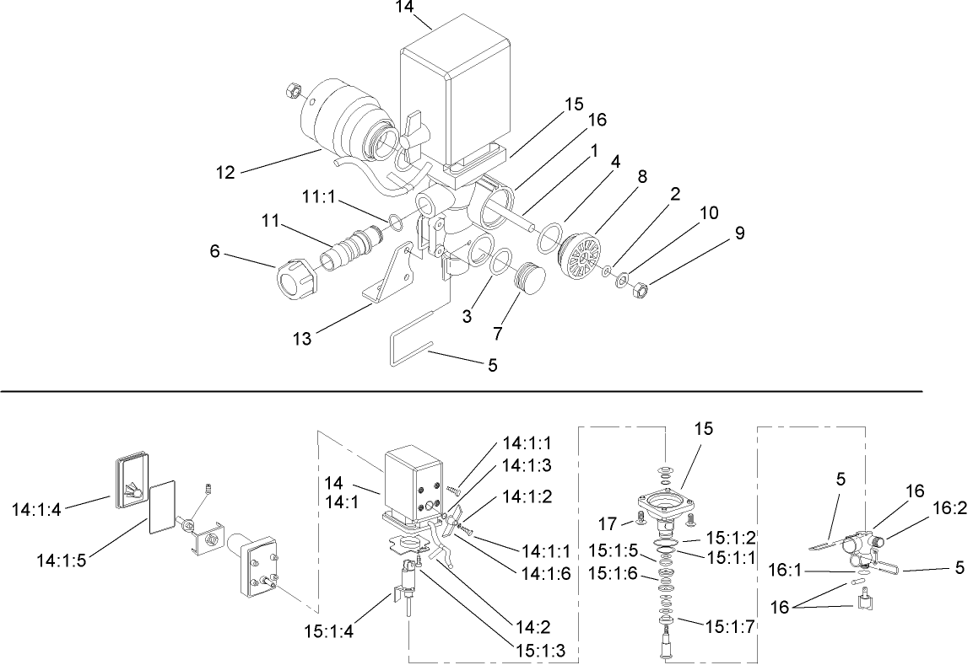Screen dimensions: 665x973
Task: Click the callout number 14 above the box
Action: click(405, 8)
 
